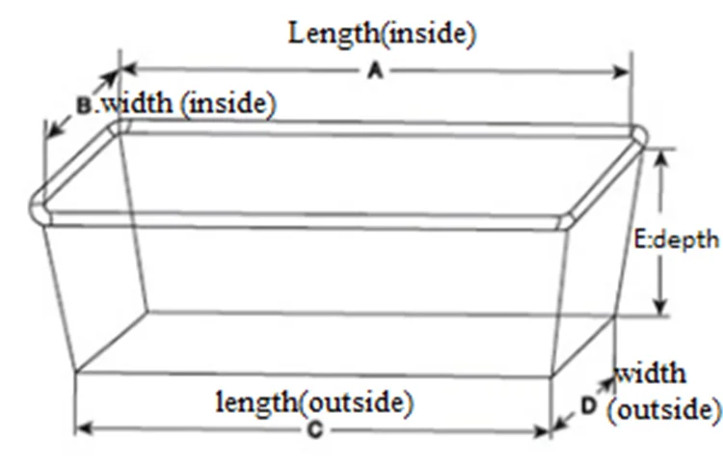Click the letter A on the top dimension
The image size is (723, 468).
[x=377, y=71]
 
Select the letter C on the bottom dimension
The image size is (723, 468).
[x=314, y=431]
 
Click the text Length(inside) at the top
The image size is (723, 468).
[x=383, y=34]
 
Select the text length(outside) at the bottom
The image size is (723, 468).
[x=314, y=402]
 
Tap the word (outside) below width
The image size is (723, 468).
[x=663, y=409]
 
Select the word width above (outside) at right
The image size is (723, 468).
[x=653, y=373]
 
